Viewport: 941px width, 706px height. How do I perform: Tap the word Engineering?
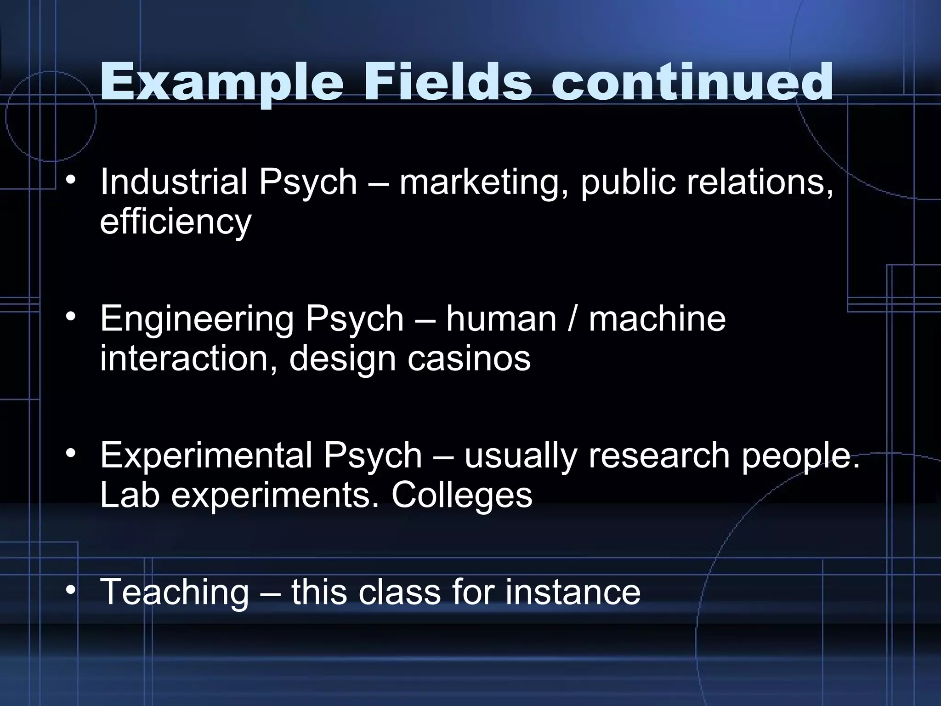(x=197, y=320)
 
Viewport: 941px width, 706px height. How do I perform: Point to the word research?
(x=658, y=455)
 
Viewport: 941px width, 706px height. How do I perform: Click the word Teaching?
(x=174, y=592)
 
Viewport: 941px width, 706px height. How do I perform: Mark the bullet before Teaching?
(x=70, y=591)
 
